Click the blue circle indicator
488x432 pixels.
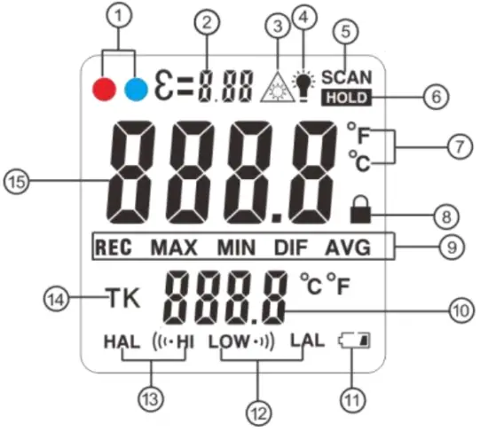coord(136,87)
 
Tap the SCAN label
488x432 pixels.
coord(348,77)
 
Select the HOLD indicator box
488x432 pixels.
coord(348,98)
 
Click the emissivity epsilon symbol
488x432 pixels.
coord(163,86)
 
